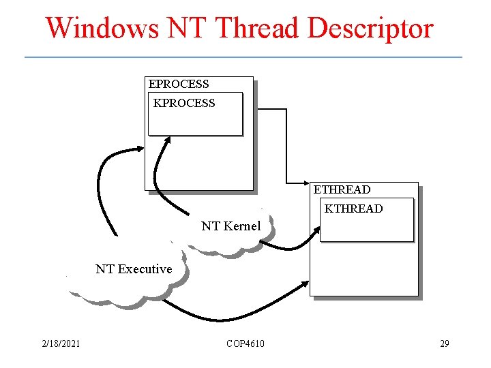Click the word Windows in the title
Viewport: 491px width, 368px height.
100,29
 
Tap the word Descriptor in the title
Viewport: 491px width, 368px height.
370,29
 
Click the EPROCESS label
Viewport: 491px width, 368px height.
179,85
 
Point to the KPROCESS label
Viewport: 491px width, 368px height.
184,104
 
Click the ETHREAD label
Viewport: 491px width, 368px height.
342,189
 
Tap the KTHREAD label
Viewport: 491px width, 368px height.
354,209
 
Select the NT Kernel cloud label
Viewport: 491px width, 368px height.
231,226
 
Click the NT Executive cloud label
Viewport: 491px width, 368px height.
134,269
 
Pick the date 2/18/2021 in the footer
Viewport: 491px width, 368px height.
61,343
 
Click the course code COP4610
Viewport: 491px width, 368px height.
245,343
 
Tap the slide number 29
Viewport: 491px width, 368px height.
445,343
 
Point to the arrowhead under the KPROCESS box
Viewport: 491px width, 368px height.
168,141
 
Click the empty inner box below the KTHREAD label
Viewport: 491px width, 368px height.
367,228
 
